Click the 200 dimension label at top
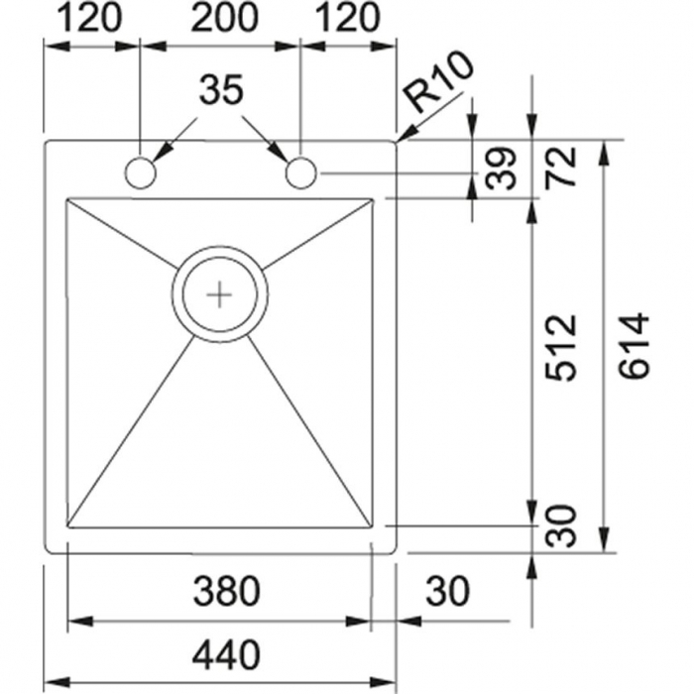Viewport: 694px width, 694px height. point(223,18)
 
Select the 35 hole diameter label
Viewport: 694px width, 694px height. point(221,89)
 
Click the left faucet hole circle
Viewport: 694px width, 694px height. point(141,173)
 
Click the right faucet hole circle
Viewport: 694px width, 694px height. point(301,173)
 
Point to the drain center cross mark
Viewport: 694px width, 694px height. point(219,294)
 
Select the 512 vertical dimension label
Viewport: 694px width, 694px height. point(561,348)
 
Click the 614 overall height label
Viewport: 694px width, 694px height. point(634,346)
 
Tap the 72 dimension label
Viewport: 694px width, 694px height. point(561,167)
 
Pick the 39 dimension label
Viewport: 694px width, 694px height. point(501,169)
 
